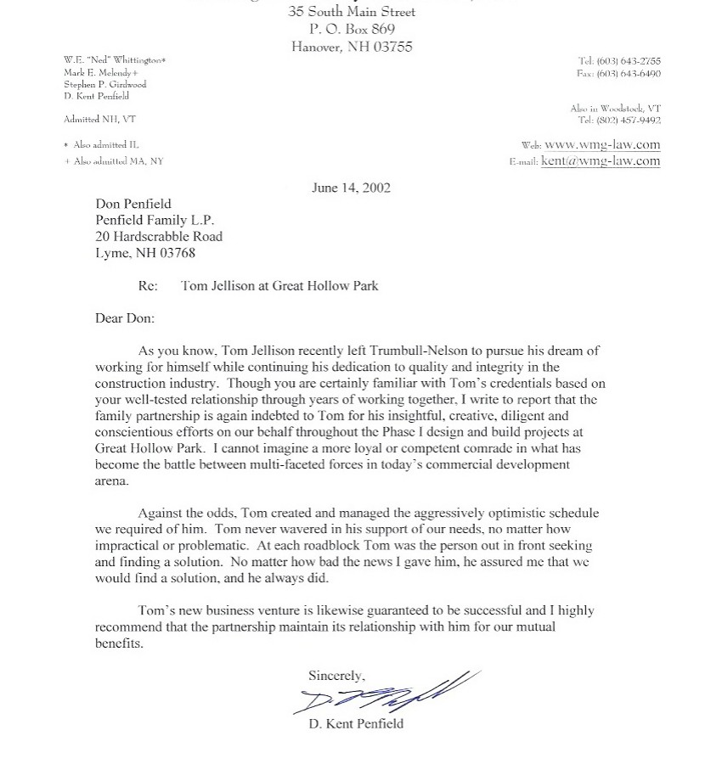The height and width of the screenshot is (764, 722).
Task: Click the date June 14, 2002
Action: coord(351,188)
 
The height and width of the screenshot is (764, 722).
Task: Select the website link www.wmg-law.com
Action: coord(602,144)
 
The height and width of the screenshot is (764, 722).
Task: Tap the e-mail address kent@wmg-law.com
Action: coord(600,161)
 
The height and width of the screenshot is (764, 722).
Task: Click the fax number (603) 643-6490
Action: coord(629,74)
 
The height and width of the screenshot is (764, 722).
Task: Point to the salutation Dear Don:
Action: coord(125,318)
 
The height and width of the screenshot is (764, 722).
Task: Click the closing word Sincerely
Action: coord(336,676)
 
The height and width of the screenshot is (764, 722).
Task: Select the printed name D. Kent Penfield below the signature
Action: coord(356,724)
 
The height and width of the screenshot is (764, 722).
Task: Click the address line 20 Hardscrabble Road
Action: coord(159,236)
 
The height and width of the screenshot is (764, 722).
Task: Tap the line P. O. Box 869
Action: coord(352,29)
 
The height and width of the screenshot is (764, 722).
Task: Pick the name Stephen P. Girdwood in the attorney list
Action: coord(105,85)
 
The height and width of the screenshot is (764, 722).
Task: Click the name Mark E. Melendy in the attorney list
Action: coord(100,73)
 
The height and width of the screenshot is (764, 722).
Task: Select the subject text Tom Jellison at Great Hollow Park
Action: coord(279,286)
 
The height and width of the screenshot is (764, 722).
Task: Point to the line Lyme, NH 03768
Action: coord(145,253)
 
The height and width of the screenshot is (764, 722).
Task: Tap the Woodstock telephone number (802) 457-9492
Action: coord(629,121)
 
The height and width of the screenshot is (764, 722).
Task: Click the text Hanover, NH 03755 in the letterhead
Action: coord(352,47)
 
